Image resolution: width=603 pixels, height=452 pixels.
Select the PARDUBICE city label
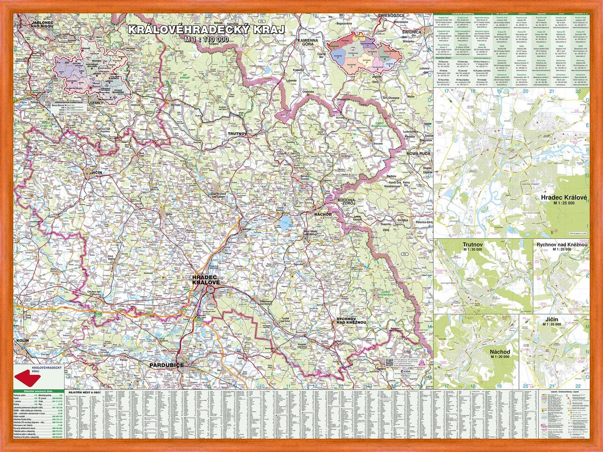point(166,365)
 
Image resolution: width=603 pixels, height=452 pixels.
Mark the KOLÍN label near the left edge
point(22,341)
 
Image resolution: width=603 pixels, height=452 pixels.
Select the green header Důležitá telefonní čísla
point(38,392)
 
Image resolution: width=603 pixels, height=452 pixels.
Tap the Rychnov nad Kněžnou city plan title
point(562,245)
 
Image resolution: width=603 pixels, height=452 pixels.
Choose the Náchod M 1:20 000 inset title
point(500,354)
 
